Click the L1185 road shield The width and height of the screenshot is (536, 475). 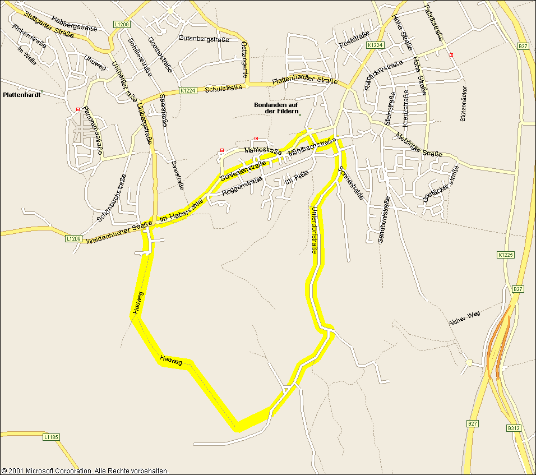[x=50, y=437]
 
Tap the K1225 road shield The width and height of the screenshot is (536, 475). [x=505, y=255]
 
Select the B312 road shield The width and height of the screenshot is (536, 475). [x=514, y=428]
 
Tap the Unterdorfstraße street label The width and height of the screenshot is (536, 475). [x=314, y=230]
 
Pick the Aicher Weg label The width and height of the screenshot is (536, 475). [x=465, y=319]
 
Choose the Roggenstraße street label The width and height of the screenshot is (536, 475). [x=242, y=186]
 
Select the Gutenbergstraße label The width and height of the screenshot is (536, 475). [x=204, y=39]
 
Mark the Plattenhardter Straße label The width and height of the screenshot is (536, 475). [x=304, y=81]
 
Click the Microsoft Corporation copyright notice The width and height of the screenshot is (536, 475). [x=85, y=471]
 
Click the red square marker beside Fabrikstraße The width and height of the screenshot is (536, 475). [x=451, y=55]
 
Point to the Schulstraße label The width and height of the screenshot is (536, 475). [x=224, y=88]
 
